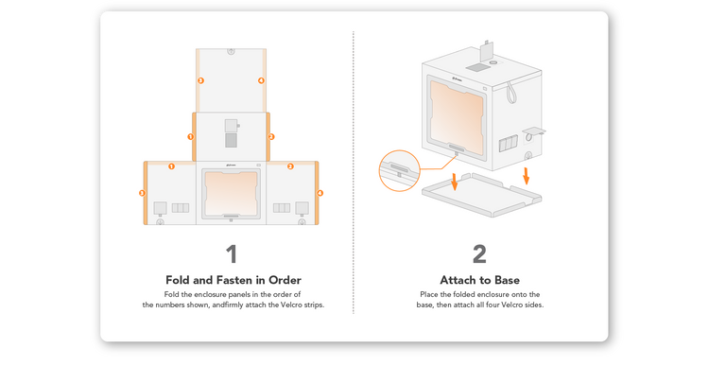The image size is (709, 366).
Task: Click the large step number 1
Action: click(232, 254)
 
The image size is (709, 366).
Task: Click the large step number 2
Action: click(479, 254)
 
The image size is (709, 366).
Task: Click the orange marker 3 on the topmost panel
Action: click(200, 80)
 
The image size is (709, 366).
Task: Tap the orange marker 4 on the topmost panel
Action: click(261, 80)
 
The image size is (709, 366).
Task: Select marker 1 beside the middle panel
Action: click(190, 136)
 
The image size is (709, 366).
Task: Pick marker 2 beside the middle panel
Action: click(271, 136)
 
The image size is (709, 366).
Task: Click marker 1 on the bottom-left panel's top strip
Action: click(171, 166)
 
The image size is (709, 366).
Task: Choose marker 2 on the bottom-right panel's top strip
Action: click(290, 166)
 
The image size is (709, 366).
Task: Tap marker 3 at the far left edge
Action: click(142, 193)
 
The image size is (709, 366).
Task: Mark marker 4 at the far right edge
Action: click(320, 193)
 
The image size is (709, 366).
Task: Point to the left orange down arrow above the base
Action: click(455, 182)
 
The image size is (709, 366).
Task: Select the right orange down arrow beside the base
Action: click(526, 176)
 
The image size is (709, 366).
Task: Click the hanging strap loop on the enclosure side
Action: click(510, 92)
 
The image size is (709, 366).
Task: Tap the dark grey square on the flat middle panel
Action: click(231, 140)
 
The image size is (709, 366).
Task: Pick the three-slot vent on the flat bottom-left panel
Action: click(180, 208)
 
